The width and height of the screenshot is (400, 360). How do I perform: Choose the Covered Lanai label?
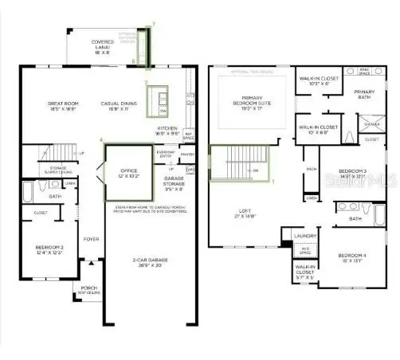click(x=102, y=45)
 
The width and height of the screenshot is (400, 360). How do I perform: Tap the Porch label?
click(x=88, y=292)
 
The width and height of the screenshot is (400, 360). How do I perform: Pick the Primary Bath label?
click(x=364, y=94)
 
